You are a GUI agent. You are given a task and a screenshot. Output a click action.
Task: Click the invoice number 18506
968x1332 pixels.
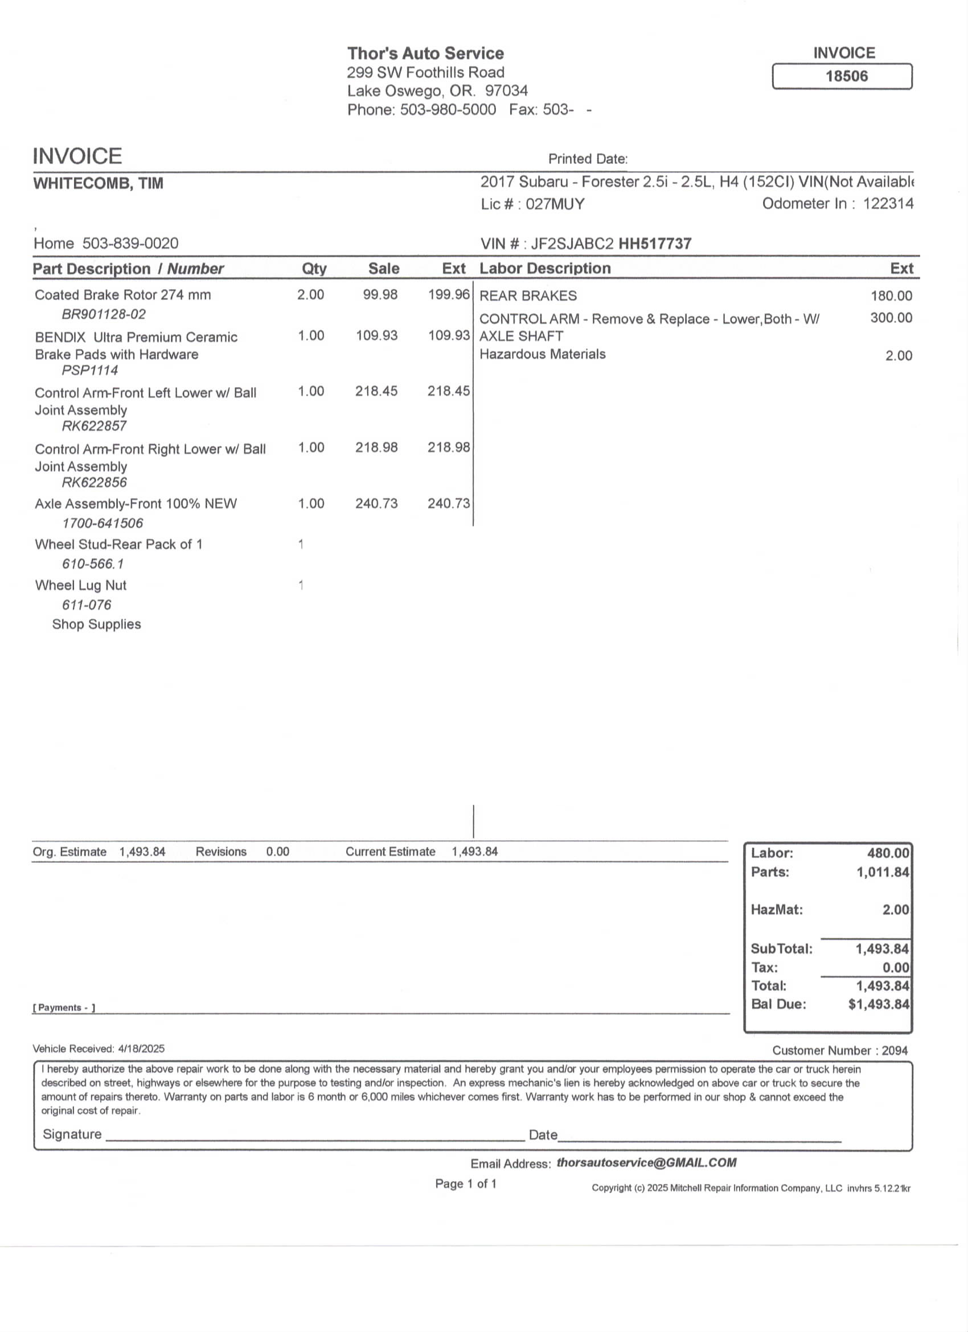846,76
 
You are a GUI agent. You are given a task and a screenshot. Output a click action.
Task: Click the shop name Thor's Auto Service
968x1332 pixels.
425,54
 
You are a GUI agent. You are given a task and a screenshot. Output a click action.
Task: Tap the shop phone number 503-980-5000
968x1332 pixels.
448,110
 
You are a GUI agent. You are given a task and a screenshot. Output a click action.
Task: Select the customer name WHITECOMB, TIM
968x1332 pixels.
98,184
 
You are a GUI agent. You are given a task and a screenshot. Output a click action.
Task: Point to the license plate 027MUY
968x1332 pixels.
555,204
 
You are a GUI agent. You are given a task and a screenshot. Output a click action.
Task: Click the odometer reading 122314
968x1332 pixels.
888,204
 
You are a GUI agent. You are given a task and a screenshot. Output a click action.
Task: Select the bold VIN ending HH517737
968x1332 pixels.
655,244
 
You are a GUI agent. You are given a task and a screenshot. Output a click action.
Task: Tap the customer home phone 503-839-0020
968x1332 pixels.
130,244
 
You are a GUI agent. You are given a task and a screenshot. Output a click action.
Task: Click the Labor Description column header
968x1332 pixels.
545,269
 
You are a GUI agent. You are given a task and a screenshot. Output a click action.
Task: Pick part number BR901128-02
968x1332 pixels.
104,314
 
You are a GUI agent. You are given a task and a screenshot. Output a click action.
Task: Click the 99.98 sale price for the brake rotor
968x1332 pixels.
380,294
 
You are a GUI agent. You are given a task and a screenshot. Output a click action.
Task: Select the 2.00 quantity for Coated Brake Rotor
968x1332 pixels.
310,294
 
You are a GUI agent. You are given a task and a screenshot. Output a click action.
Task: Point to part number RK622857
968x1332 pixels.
94,426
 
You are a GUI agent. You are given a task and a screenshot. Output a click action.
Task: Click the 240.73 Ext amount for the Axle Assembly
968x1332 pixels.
448,503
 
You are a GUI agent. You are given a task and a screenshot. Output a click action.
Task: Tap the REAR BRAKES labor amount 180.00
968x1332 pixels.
891,296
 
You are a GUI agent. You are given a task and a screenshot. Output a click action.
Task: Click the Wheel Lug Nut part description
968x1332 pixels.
80,585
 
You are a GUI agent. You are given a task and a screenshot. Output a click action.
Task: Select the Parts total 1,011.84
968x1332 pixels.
882,872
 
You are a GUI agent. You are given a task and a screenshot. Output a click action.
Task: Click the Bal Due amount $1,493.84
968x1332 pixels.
878,1004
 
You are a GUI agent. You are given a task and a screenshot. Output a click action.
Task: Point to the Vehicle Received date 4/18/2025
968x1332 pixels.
141,1049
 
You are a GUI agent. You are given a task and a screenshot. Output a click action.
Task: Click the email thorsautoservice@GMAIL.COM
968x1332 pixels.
646,1162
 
